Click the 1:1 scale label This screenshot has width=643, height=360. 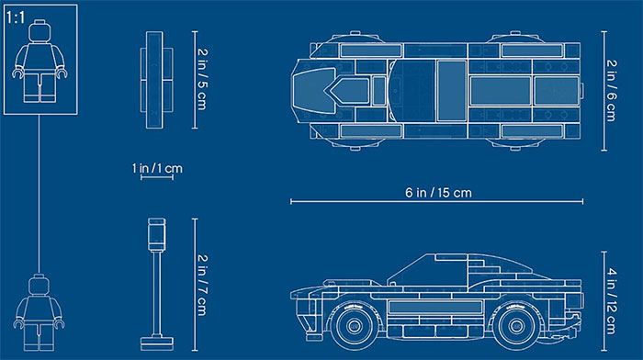pyautogui.click(x=16, y=17)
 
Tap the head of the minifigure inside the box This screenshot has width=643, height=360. pyautogui.click(x=39, y=30)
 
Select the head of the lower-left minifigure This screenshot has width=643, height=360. pyautogui.click(x=39, y=286)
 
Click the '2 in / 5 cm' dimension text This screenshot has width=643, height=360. pyautogui.click(x=202, y=80)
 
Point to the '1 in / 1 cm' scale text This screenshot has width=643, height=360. pyautogui.click(x=157, y=168)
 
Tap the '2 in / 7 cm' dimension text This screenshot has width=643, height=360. pyautogui.click(x=202, y=285)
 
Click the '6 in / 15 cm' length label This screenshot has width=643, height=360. pyautogui.click(x=438, y=192)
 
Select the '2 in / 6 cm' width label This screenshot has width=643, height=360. pyautogui.click(x=611, y=91)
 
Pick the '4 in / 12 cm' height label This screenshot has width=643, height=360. pyautogui.click(x=611, y=301)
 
